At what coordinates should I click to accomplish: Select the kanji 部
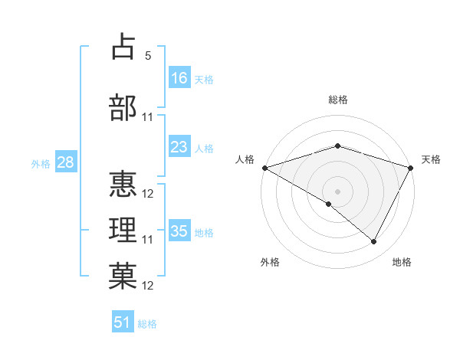pyautogui.click(x=123, y=108)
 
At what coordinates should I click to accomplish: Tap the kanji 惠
pyautogui.click(x=123, y=184)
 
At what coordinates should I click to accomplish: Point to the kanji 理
pyautogui.click(x=123, y=230)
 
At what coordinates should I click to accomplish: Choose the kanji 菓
pyautogui.click(x=123, y=276)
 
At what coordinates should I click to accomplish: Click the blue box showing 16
pyautogui.click(x=179, y=78)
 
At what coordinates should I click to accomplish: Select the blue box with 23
pyautogui.click(x=179, y=147)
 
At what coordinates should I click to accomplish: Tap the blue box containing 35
pyautogui.click(x=179, y=231)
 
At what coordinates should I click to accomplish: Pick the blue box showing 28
pyautogui.click(x=65, y=162)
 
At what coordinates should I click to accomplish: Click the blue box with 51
pyautogui.click(x=123, y=322)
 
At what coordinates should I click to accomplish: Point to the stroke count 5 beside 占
pyautogui.click(x=148, y=56)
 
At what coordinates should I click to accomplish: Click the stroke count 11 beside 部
pyautogui.click(x=148, y=117)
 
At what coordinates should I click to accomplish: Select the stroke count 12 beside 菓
pyautogui.click(x=148, y=286)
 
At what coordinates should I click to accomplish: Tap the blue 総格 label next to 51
pyautogui.click(x=147, y=324)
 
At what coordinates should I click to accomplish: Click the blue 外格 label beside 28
pyautogui.click(x=41, y=163)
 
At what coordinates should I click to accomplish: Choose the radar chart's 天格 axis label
pyautogui.click(x=431, y=159)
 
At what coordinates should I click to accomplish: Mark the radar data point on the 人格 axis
pyautogui.click(x=264, y=168)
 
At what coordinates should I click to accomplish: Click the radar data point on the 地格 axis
pyautogui.click(x=374, y=242)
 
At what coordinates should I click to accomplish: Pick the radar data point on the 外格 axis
pyautogui.click(x=329, y=204)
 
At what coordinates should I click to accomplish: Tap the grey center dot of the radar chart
pyautogui.click(x=337, y=191)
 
